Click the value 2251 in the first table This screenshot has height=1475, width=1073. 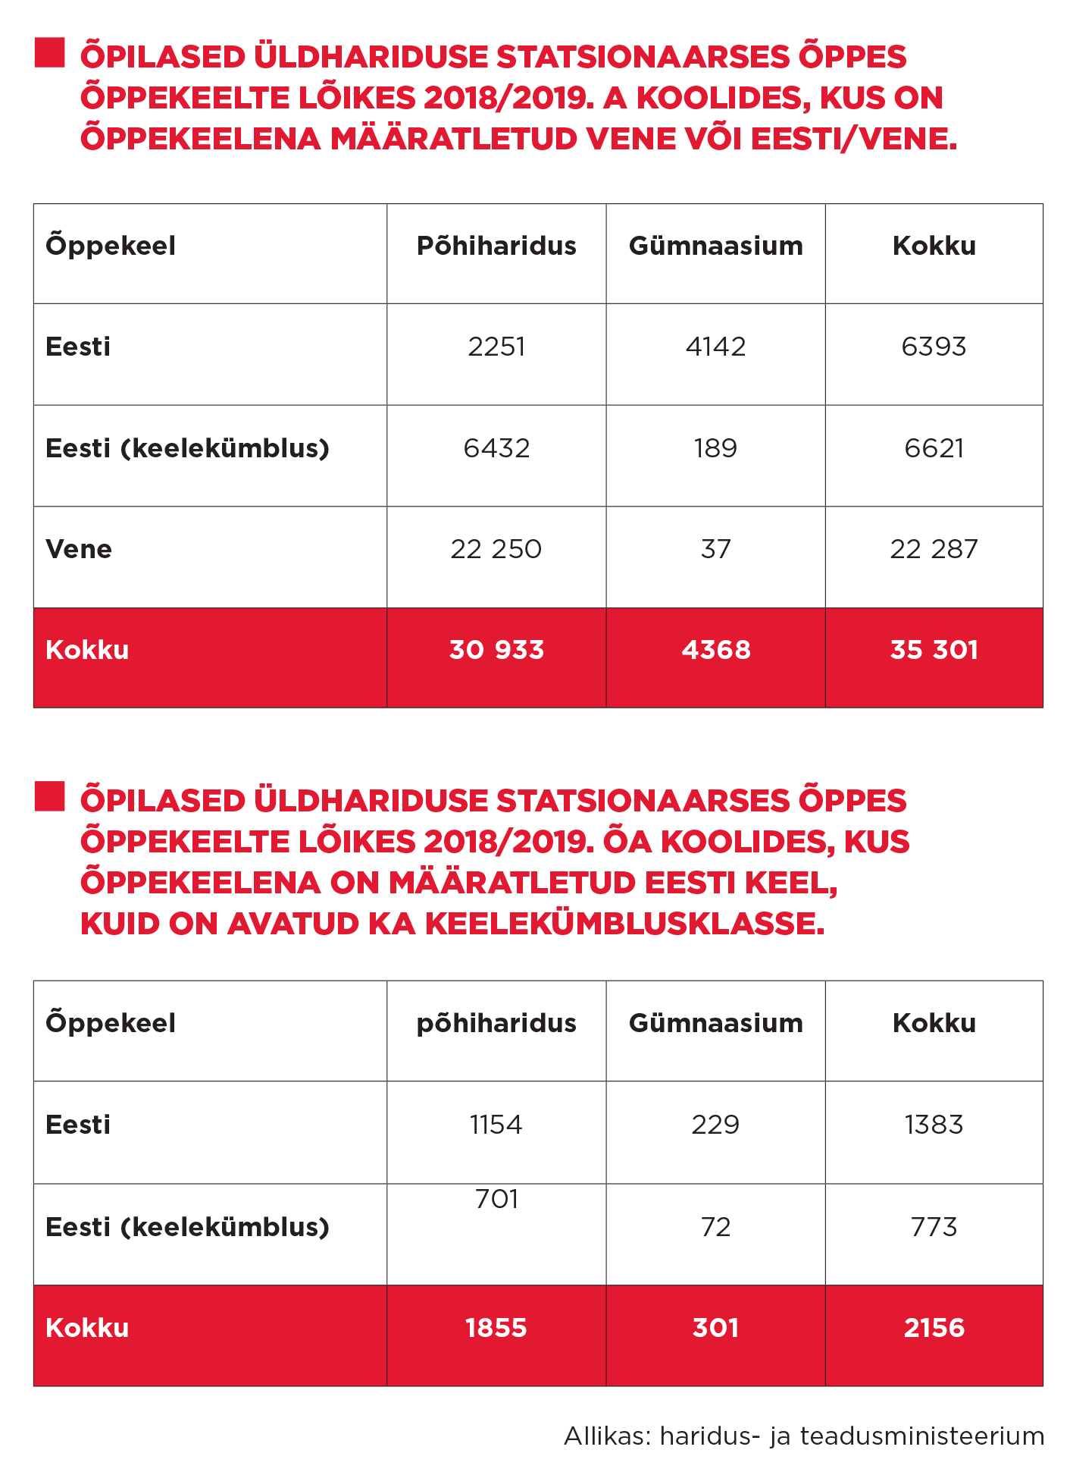click(x=496, y=347)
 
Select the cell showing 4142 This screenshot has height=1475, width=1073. click(x=715, y=347)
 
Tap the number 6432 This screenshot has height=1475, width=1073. click(x=496, y=448)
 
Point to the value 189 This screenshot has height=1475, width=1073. click(x=715, y=448)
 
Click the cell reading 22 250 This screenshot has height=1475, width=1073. click(x=496, y=549)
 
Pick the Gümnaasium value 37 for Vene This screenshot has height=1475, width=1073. click(x=715, y=549)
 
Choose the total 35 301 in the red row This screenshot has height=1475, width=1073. click(x=934, y=650)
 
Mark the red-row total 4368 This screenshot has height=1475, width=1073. click(x=715, y=650)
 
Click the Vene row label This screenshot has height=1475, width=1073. click(x=79, y=549)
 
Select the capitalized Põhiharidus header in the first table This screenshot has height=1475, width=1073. click(x=496, y=246)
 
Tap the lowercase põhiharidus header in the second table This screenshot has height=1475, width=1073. click(x=496, y=1023)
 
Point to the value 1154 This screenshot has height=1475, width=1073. click(x=496, y=1124)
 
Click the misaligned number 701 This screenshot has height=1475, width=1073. click(x=496, y=1199)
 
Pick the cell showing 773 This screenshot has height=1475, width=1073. click(x=934, y=1226)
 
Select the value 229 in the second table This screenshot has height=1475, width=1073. click(x=715, y=1124)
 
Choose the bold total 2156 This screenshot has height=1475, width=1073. click(x=934, y=1328)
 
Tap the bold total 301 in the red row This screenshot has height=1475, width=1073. click(x=715, y=1328)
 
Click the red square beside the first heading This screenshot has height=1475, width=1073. click(x=49, y=53)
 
